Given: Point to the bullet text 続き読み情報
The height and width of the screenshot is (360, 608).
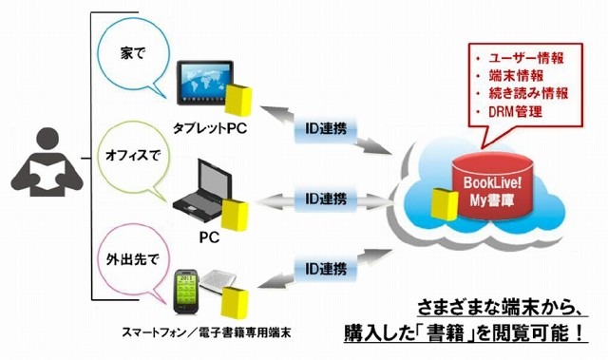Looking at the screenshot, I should [529, 93].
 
